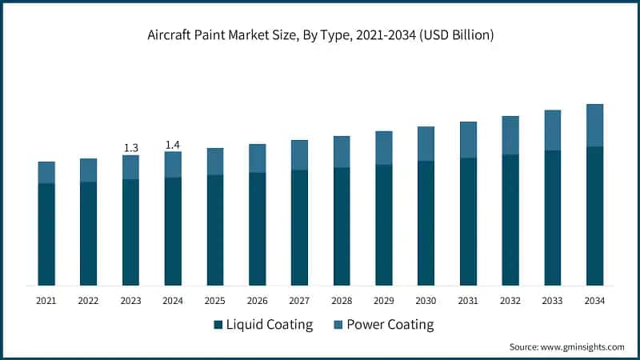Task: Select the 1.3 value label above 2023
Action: (x=130, y=148)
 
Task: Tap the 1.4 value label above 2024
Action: (x=173, y=145)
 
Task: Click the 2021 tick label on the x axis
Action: (x=46, y=301)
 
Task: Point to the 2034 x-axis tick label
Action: (x=594, y=301)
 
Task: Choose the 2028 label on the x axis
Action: (x=342, y=301)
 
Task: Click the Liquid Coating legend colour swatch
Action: (x=218, y=325)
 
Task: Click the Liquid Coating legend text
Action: (x=270, y=325)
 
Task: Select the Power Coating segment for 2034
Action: (x=594, y=125)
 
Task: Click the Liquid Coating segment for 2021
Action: (x=46, y=234)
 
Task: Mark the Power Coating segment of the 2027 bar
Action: (x=299, y=154)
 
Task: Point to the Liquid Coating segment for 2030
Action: (x=426, y=222)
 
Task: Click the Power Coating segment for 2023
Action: (x=130, y=167)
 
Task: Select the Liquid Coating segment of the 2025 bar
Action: (x=215, y=230)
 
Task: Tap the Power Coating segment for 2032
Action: (x=510, y=135)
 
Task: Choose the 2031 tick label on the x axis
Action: (x=468, y=301)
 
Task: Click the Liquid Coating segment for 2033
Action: (x=552, y=218)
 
